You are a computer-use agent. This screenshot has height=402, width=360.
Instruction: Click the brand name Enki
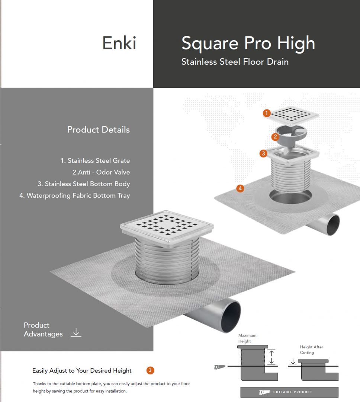click(119, 43)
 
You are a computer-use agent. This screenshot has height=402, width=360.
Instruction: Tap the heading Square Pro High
click(248, 44)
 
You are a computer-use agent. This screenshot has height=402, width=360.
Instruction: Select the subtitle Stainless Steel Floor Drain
click(235, 62)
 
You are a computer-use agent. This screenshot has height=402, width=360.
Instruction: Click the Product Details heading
click(99, 130)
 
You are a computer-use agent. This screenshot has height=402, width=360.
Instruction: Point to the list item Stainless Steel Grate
click(95, 160)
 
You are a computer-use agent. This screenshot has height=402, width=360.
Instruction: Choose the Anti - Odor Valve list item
click(101, 172)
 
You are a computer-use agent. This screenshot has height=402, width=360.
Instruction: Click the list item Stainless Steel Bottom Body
click(84, 184)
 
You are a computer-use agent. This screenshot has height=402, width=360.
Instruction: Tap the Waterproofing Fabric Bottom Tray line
click(74, 196)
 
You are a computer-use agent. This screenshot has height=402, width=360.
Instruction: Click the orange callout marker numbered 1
click(267, 113)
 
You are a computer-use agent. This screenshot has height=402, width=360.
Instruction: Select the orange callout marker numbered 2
click(275, 137)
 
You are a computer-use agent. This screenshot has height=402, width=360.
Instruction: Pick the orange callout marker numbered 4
click(240, 188)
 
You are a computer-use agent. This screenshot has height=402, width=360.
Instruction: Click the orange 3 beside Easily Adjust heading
click(150, 370)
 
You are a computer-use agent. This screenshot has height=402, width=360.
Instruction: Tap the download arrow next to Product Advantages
click(76, 332)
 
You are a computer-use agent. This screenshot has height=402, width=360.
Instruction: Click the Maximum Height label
click(247, 338)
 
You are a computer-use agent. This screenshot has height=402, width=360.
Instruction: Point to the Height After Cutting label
click(312, 350)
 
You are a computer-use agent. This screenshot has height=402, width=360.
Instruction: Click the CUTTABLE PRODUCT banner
click(289, 392)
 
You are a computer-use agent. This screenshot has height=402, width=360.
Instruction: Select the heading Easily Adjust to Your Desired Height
click(82, 370)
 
